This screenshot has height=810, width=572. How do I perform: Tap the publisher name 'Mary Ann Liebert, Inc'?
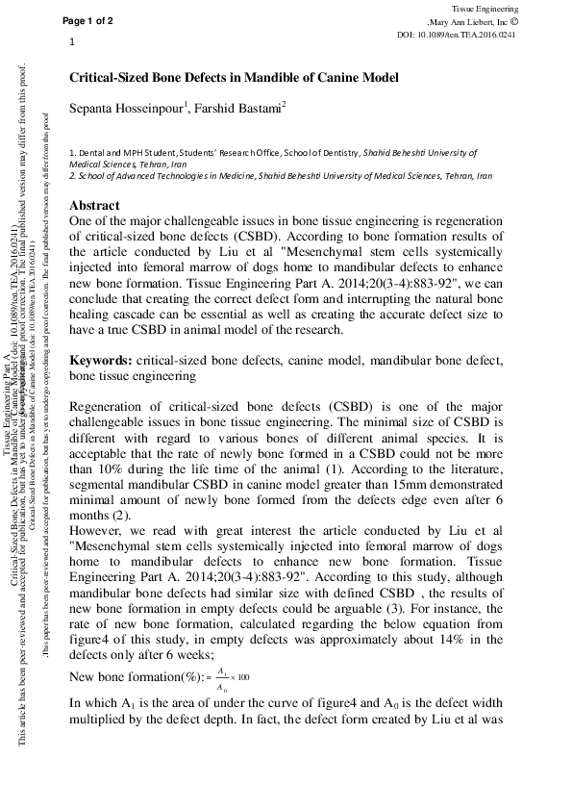pos(482,20)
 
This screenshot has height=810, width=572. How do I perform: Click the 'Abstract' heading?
pos(94,206)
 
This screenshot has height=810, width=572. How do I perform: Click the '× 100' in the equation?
pos(240,676)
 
